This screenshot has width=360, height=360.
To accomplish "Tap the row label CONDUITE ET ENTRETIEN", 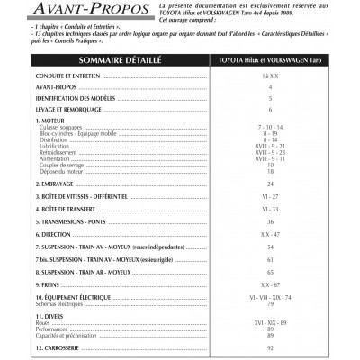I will pos(63,80).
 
